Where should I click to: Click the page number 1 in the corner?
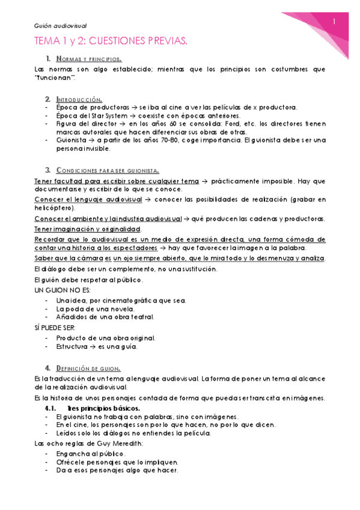tap(333, 23)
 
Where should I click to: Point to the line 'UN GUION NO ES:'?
tap(57, 290)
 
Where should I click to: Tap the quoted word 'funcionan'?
tap(56, 78)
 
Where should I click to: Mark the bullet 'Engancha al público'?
tap(90, 453)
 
